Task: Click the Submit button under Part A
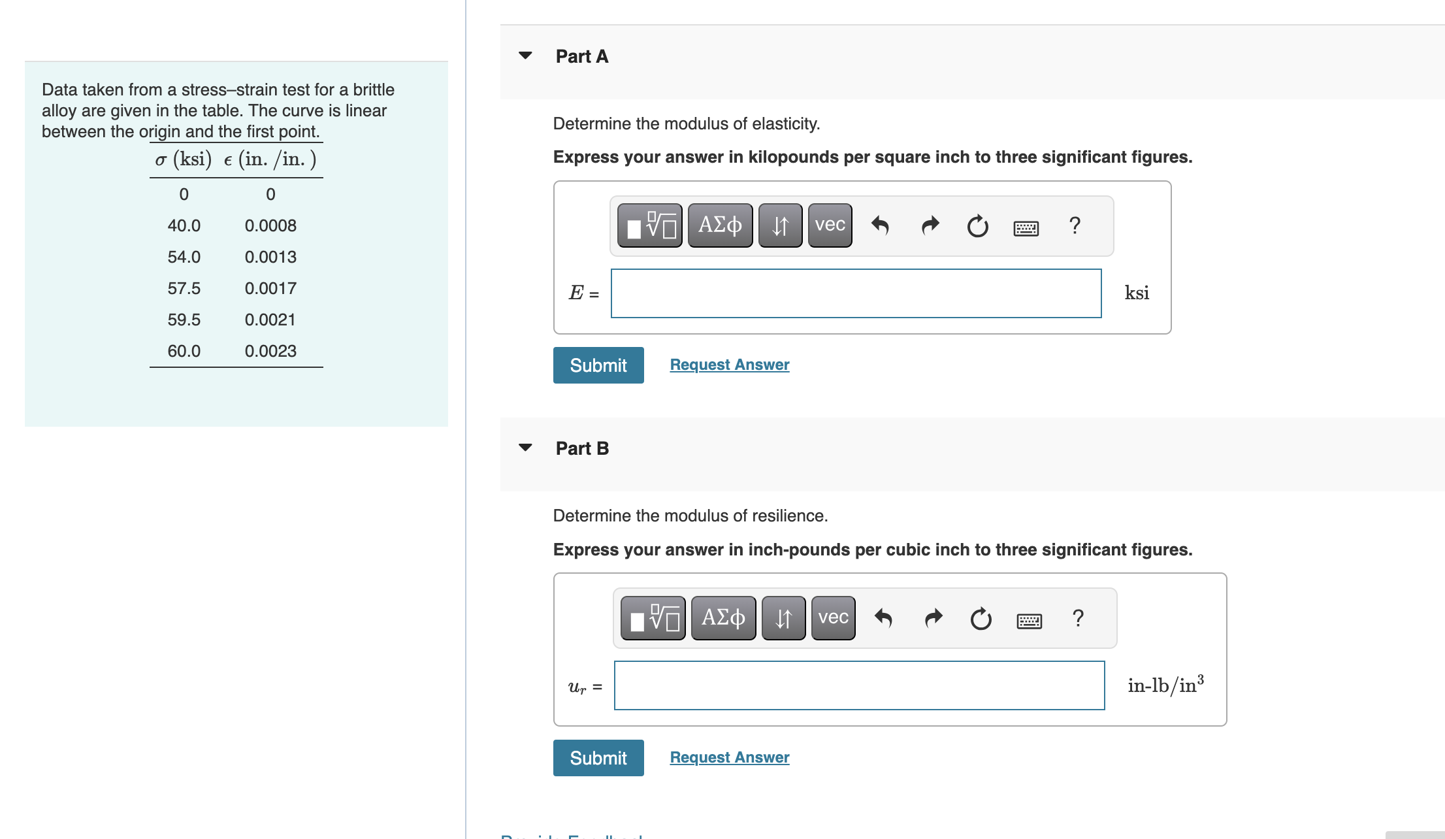click(598, 365)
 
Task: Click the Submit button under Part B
click(598, 758)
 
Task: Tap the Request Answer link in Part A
click(730, 365)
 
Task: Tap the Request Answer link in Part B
click(730, 757)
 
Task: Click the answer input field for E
click(856, 293)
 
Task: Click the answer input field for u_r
click(860, 685)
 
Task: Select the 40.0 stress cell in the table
click(184, 225)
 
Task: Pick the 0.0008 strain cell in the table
click(270, 225)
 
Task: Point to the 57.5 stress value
click(184, 288)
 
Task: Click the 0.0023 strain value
click(270, 351)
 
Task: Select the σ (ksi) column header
click(184, 159)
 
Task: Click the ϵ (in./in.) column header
click(270, 159)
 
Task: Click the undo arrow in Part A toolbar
click(880, 225)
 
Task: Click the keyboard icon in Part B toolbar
click(1030, 621)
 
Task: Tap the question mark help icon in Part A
click(1075, 225)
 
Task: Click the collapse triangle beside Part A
click(525, 56)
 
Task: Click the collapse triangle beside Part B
click(525, 448)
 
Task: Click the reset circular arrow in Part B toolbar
click(981, 618)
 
